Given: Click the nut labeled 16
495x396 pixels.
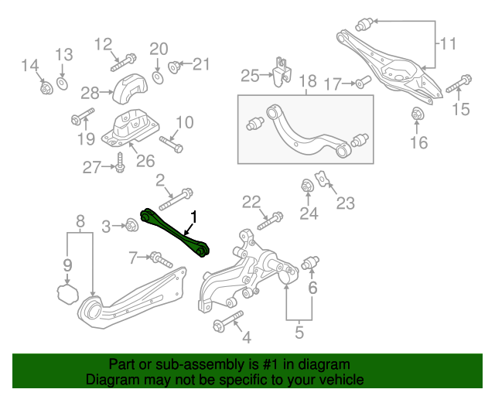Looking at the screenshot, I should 418,115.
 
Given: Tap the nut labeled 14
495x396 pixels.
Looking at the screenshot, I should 46,87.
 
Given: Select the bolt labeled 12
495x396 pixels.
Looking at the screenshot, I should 126,58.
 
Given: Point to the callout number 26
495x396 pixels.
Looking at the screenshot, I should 145,161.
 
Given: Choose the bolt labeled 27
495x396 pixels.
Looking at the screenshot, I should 120,163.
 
